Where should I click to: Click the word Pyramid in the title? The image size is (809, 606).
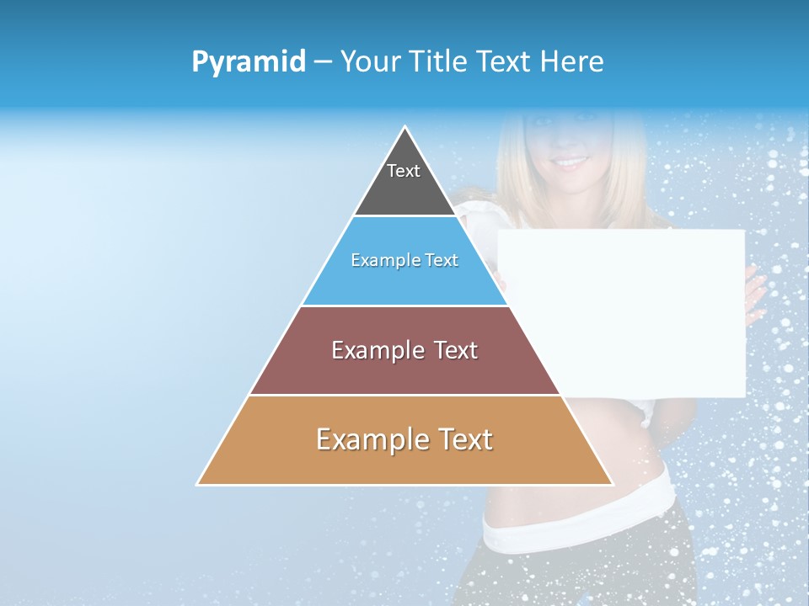[249, 62]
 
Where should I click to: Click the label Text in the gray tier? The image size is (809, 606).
[404, 171]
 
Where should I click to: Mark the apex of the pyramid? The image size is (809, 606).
[404, 128]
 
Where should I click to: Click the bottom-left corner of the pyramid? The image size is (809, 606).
[198, 484]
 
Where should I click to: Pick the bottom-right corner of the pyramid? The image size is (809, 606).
[612, 484]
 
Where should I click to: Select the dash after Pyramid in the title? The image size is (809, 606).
[322, 62]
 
